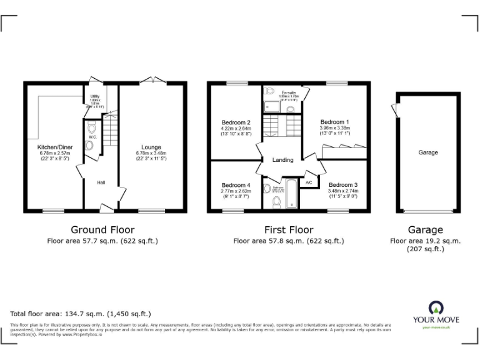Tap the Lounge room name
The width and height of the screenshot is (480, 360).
(x=151, y=147)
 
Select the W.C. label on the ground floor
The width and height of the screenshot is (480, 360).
(x=92, y=137)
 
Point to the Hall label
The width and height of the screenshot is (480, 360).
(x=101, y=182)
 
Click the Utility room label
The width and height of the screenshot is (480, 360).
(x=95, y=96)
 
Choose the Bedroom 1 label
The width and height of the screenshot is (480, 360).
(x=335, y=122)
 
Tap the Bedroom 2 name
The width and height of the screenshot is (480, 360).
(x=236, y=122)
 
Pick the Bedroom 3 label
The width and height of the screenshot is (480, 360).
(x=343, y=185)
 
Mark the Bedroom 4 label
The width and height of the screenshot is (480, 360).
(x=236, y=185)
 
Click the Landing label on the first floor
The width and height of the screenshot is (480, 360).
(x=282, y=160)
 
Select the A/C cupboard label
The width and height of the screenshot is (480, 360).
(x=309, y=182)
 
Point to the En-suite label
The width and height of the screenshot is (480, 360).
(x=288, y=92)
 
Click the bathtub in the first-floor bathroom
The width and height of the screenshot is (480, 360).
(x=291, y=194)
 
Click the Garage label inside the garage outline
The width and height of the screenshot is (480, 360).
(x=428, y=152)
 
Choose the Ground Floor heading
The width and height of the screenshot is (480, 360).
(x=102, y=230)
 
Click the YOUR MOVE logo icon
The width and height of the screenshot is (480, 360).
(x=435, y=308)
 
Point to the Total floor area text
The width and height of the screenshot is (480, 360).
(x=81, y=314)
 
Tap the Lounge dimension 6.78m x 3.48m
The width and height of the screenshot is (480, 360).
(x=151, y=154)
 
